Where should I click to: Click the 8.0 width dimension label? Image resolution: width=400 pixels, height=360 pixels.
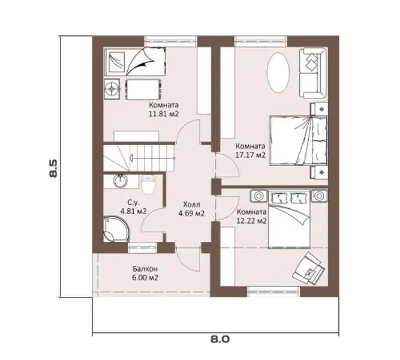(x=220, y=340)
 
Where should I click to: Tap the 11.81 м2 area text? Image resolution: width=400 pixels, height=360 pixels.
(x=164, y=114)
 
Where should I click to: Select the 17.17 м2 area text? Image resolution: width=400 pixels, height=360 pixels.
(x=250, y=155)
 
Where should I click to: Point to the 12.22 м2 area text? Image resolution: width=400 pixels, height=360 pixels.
(x=252, y=221)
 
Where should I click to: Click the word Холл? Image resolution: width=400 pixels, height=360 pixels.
(x=191, y=204)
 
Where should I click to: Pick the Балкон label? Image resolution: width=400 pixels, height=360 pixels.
(x=145, y=269)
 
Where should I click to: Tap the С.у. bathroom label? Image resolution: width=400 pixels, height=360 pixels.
(x=133, y=203)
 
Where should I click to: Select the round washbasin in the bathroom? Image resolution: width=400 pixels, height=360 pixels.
(x=121, y=181)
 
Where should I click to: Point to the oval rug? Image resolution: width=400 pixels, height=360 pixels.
(x=278, y=73)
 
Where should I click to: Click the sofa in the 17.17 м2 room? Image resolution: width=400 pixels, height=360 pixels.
(x=313, y=73)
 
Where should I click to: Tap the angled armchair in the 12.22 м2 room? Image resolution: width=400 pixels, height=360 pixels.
(x=309, y=268)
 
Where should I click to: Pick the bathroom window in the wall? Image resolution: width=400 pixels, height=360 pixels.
(x=142, y=247)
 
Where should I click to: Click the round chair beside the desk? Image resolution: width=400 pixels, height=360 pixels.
(x=112, y=89)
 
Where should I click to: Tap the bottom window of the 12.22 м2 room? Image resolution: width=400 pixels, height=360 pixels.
(x=273, y=292)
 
